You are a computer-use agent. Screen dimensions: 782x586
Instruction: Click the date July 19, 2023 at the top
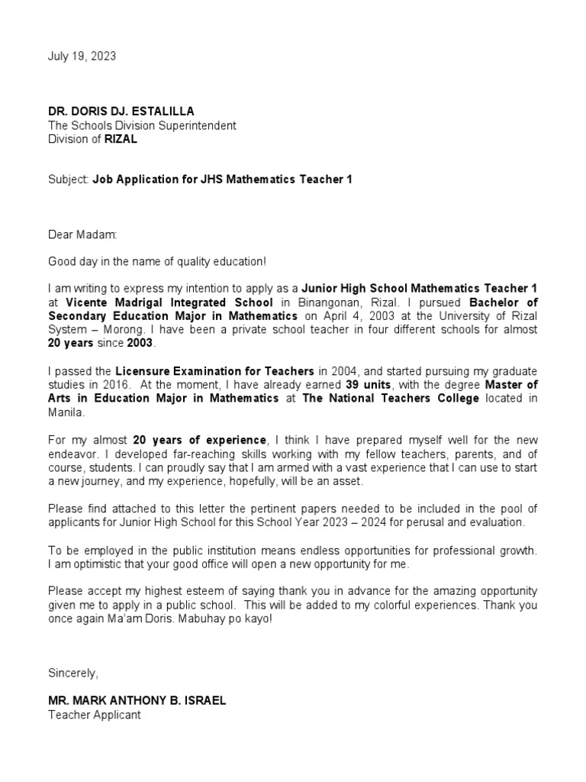pos(82,57)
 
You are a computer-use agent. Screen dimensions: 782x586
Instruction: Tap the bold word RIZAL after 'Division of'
pos(121,139)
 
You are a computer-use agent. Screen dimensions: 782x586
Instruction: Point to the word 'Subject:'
pos(68,179)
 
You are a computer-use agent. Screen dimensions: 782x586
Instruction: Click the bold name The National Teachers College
pos(391,398)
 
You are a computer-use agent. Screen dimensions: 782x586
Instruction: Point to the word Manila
pos(64,412)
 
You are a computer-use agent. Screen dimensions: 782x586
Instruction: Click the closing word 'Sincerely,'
pos(73,673)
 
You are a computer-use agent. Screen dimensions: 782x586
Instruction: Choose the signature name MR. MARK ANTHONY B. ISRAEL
pos(137,700)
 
